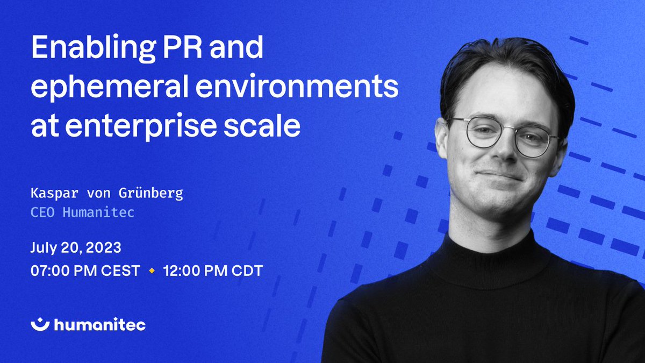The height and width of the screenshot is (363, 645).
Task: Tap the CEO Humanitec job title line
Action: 82,212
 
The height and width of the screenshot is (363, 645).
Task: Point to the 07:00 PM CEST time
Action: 85,271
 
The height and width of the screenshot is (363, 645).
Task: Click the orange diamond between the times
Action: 151,271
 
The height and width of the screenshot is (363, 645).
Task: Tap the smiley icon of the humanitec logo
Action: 40,324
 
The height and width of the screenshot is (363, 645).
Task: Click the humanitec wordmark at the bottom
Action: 99,324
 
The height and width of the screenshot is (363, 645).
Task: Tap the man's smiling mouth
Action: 499,175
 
